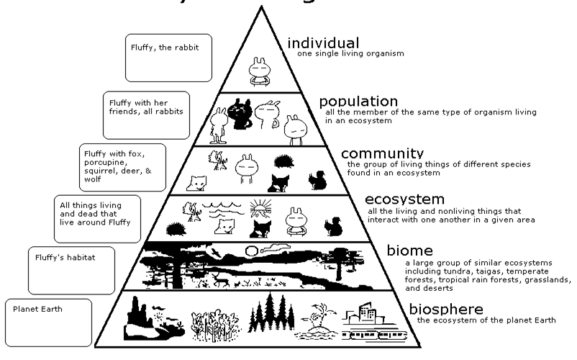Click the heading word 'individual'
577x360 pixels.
tap(324, 42)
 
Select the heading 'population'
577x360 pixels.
tap(358, 102)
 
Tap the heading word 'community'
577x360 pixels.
tap(382, 154)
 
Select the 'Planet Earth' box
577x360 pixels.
tap(48, 322)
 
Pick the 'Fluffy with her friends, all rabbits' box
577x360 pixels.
tap(146, 114)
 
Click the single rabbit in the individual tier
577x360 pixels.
tap(258, 70)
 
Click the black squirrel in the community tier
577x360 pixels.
tap(317, 179)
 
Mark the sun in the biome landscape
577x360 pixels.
tap(252, 251)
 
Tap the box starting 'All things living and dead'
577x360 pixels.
tap(97, 218)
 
